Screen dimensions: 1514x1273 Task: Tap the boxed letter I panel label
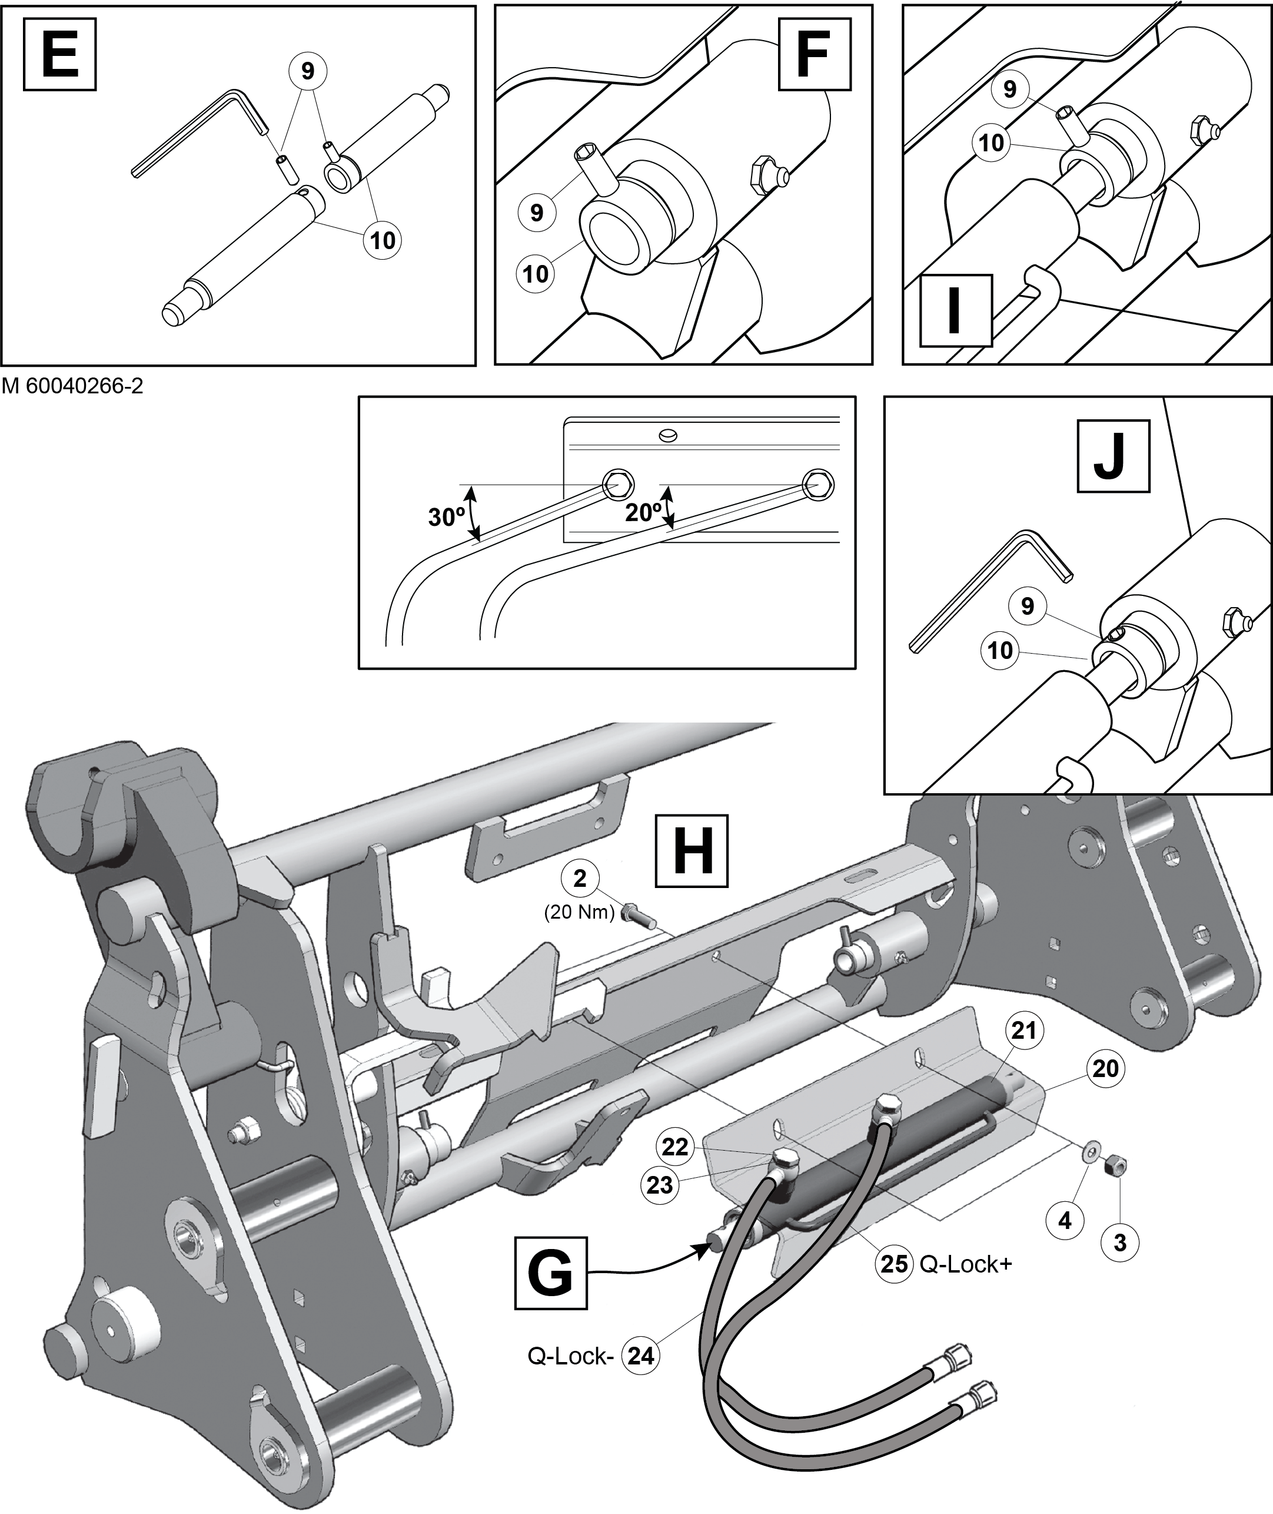[x=955, y=310]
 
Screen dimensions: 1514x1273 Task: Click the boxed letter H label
[x=692, y=850]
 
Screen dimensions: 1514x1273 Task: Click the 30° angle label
[x=447, y=517]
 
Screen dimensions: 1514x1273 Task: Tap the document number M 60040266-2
[x=73, y=386]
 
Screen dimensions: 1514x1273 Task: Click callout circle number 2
[x=580, y=879]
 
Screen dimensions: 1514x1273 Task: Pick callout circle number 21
[x=1023, y=1031]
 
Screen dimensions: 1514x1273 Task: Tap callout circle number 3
[x=1119, y=1243]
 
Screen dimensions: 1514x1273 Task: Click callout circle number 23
[x=660, y=1185]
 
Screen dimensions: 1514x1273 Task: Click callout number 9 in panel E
[x=307, y=71]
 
